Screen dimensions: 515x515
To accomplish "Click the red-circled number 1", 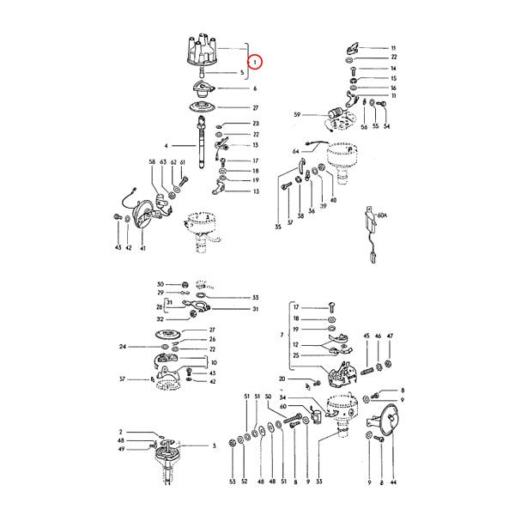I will (256, 62).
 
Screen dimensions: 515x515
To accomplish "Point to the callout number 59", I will (298, 114).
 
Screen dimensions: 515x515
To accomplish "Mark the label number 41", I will (142, 248).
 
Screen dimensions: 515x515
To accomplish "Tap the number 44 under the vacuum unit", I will (394, 484).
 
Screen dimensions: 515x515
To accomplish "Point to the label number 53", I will (232, 484).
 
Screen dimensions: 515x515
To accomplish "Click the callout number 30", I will (160, 284).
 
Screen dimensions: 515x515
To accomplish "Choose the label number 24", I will (124, 347).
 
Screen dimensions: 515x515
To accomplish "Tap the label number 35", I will (278, 227).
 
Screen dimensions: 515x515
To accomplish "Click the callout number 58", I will (152, 162).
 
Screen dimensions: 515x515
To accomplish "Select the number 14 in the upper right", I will (393, 68).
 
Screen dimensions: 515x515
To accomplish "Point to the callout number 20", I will (282, 379).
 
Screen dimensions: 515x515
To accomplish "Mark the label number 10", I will (213, 363).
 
